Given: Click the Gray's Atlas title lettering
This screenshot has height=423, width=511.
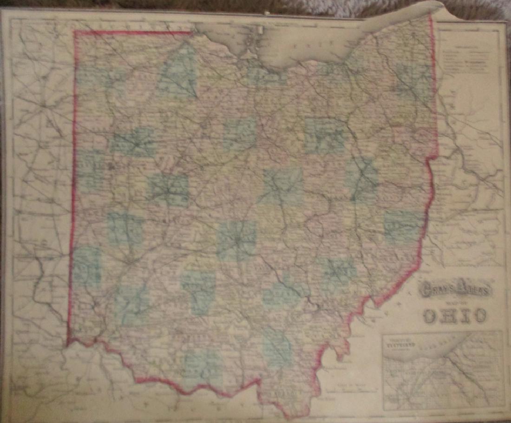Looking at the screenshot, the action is [454, 291].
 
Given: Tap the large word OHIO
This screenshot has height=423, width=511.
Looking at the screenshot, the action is [455, 316].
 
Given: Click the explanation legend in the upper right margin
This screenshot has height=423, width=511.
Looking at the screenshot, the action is [467, 60].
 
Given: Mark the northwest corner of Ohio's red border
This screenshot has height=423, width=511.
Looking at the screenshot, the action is [75, 33].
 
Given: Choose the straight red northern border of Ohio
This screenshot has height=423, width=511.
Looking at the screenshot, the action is [135, 32].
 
